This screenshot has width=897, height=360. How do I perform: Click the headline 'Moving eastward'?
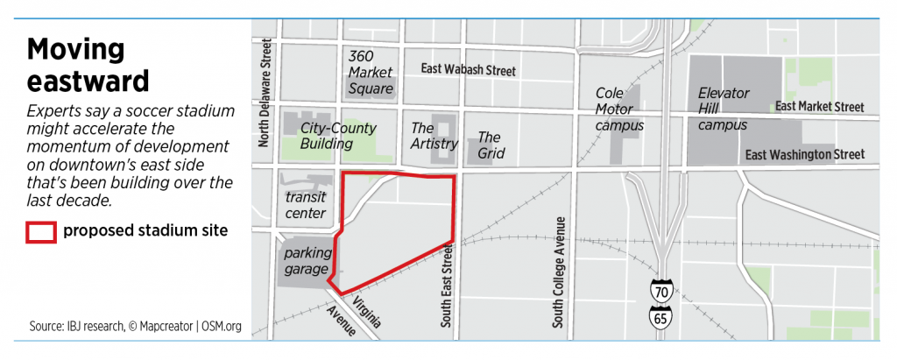tap(87, 66)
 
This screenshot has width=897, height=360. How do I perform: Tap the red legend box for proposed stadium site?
tap(41, 231)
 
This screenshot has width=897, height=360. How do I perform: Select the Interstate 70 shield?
tap(662, 290)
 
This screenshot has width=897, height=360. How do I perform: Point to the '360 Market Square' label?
tap(371, 71)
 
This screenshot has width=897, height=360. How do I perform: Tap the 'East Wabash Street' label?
tap(468, 70)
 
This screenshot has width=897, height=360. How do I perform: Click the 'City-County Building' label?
tap(338, 136)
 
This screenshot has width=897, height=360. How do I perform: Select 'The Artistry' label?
tap(434, 136)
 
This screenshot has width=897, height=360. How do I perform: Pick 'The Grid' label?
tap(489, 145)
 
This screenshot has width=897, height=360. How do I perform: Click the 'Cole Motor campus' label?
tap(619, 109)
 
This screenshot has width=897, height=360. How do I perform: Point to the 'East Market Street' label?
tap(820, 107)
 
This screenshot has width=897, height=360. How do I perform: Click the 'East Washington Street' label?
tap(804, 155)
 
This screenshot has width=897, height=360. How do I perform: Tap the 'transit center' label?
tap(306, 205)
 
